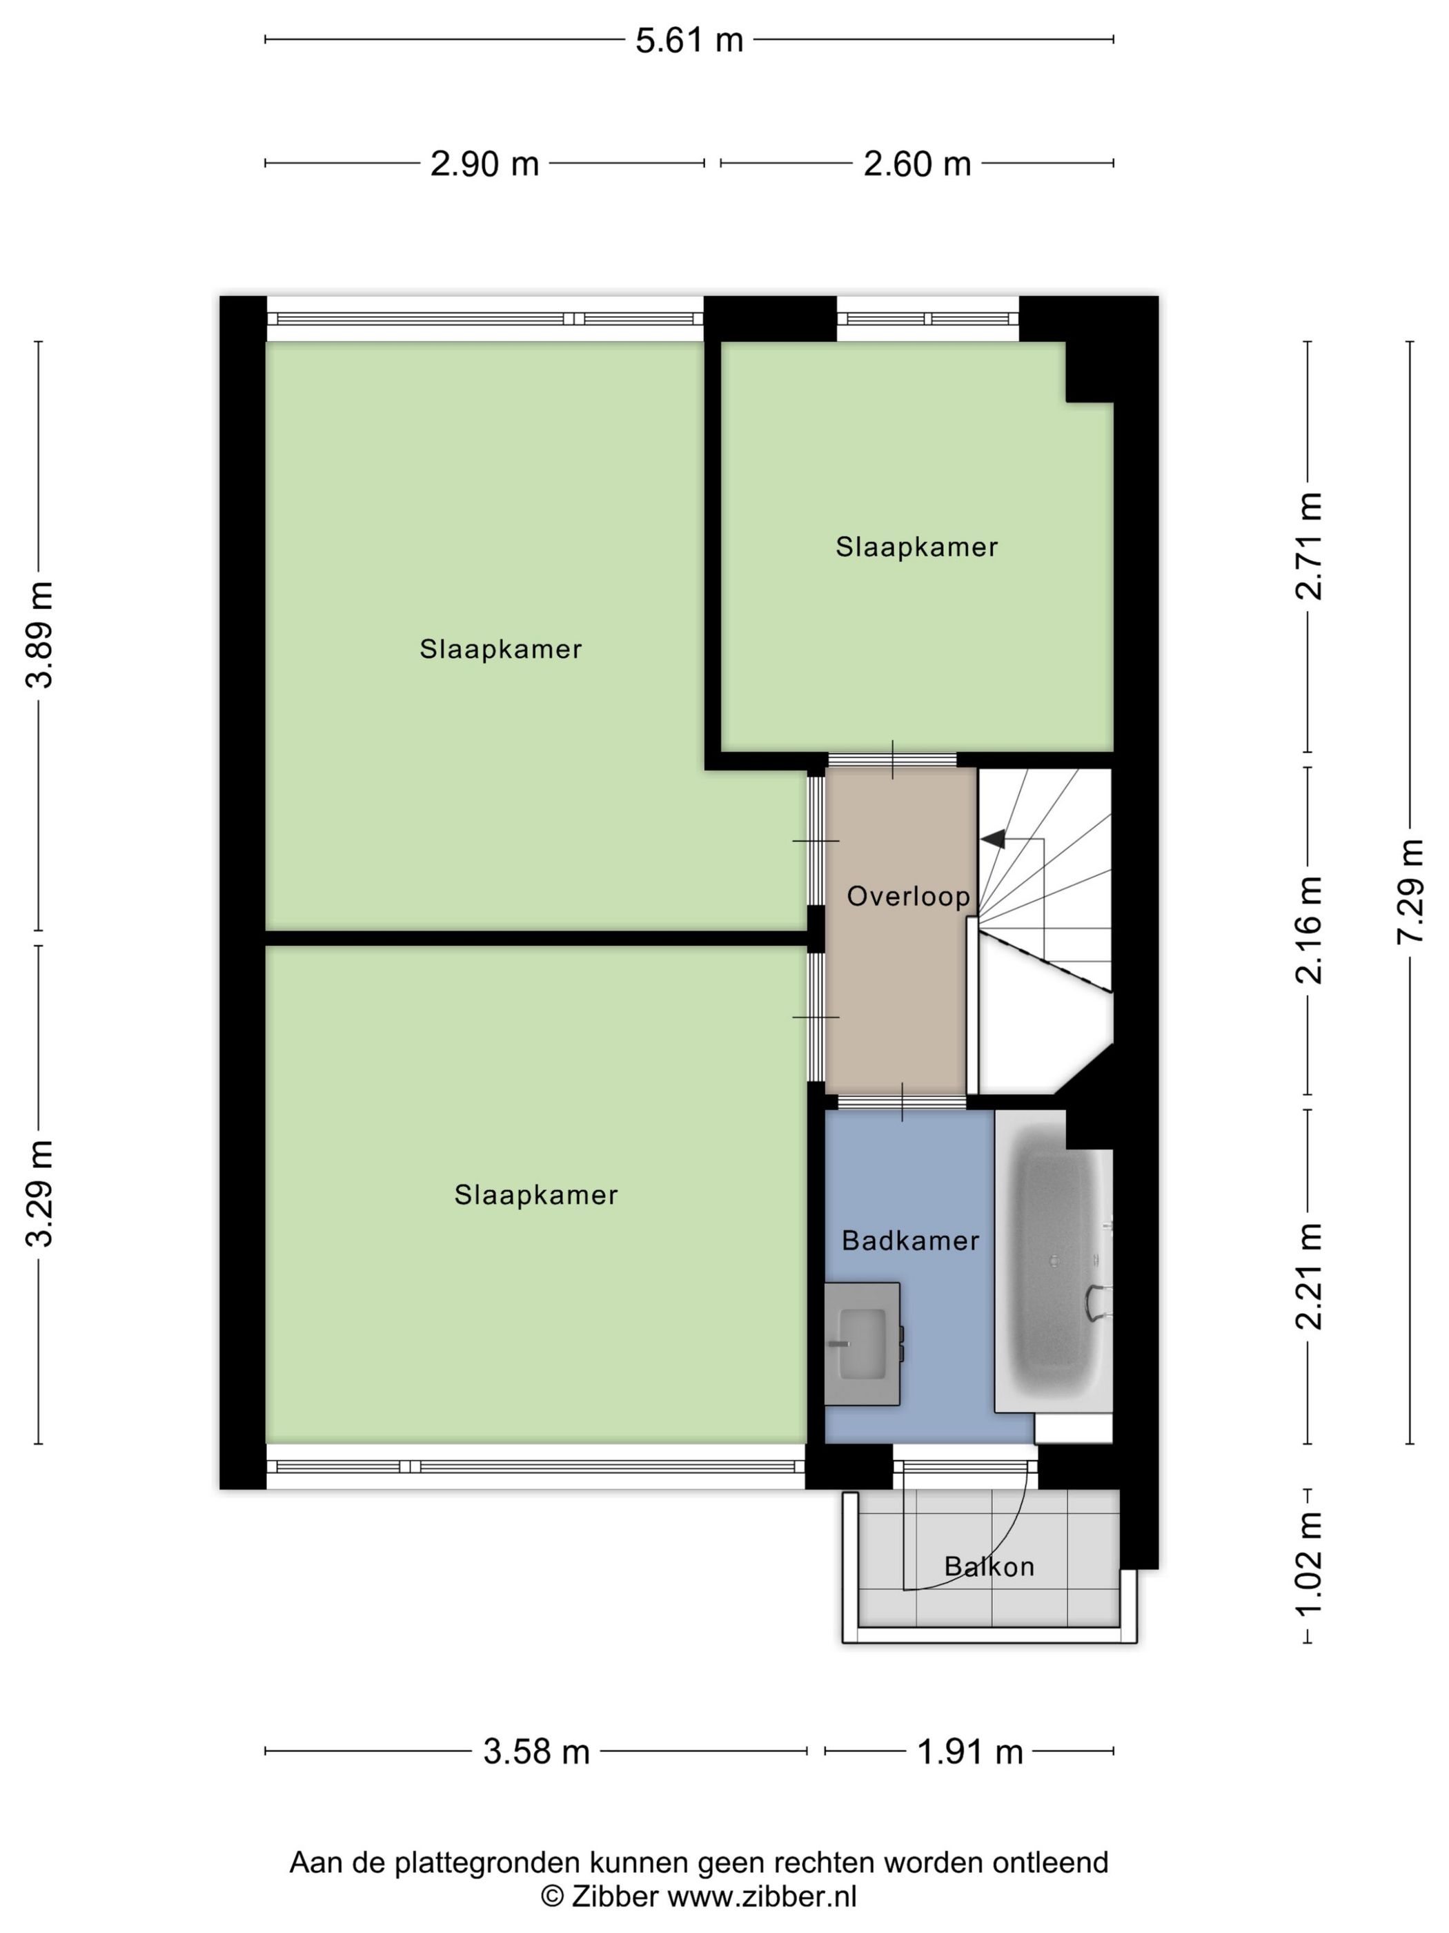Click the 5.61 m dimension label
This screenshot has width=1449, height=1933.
click(689, 40)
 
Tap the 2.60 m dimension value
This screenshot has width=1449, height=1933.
click(917, 164)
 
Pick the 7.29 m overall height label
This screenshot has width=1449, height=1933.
click(1410, 891)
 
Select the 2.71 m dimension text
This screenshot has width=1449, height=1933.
click(1308, 546)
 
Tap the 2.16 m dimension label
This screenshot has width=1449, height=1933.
click(1308, 931)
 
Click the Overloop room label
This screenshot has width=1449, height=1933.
click(908, 895)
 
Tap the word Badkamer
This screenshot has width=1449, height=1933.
click(910, 1240)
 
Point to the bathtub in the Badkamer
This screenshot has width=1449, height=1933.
click(1054, 1261)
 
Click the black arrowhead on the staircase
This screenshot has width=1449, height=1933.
click(993, 839)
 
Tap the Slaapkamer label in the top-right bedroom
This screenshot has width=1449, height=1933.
click(916, 547)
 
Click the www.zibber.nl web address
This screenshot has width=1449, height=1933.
click(762, 1896)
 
